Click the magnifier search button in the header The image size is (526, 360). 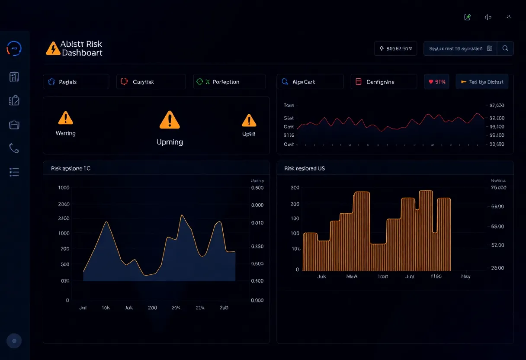point(505,48)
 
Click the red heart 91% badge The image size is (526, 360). point(436,82)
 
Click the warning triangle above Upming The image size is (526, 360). point(170,120)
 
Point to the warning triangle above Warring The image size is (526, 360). point(65,118)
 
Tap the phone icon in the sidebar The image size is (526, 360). point(14,148)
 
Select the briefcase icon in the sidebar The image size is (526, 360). point(14,125)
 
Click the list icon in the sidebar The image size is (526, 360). point(14,172)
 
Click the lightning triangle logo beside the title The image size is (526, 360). point(53,48)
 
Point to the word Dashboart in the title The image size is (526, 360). point(82,53)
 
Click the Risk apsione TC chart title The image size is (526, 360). point(71,168)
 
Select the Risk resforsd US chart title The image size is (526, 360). point(305,168)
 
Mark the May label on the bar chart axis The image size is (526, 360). point(466,276)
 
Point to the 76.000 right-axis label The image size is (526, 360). point(499,188)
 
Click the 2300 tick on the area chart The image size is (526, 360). point(64,219)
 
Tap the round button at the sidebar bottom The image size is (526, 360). point(14,341)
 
